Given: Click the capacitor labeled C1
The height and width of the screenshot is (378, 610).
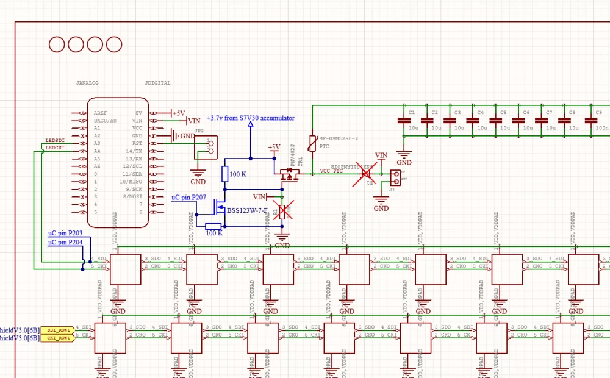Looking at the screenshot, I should pos(404,121).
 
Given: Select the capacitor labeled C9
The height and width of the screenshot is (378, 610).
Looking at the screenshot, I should pos(590,121).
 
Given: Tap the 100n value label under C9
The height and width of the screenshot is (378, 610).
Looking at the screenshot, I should pos(601,128).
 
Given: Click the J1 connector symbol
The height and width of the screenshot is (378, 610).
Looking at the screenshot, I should pos(395,177).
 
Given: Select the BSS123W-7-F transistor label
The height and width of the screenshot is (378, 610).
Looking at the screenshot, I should pos(247,211).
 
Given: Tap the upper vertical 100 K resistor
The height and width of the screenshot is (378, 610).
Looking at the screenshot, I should pos(225,174).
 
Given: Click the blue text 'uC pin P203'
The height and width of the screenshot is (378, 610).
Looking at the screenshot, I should pos(65,234).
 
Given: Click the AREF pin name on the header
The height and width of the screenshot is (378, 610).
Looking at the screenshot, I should pos(101,113).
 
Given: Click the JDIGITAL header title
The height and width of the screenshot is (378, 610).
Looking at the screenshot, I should pos(158,84).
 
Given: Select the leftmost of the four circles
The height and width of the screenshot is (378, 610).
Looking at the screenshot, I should pos(57,45).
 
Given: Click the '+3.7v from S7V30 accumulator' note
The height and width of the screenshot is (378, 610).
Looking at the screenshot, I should pos(250,118).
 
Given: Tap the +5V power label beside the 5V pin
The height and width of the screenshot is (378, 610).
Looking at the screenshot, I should pos(178,113).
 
